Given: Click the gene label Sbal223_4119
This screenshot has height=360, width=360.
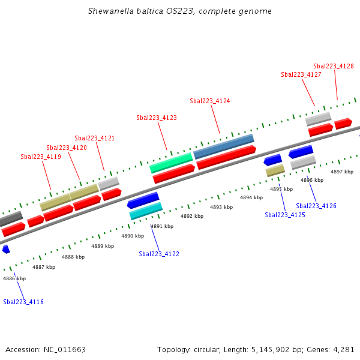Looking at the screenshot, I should [41, 157].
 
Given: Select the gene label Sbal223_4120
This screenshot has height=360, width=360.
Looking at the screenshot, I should [67, 148].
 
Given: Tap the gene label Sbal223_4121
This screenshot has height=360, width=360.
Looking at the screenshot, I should [95, 138].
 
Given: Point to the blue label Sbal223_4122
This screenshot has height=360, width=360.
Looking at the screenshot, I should [159, 254].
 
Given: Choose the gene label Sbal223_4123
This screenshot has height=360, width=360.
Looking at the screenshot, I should [157, 118].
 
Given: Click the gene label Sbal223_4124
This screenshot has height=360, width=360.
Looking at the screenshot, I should [210, 101].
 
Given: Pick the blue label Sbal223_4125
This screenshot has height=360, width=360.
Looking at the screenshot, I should [285, 215].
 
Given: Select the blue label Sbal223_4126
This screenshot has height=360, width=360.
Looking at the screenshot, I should [316, 206].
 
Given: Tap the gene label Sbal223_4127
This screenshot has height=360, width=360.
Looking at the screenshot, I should [301, 74].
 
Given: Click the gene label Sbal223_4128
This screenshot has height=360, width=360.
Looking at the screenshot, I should [334, 66].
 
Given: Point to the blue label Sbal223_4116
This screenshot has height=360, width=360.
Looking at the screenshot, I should [23, 302].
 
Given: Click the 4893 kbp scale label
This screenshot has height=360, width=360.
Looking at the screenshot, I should [221, 207].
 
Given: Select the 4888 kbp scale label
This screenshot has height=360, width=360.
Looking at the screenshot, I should [73, 257].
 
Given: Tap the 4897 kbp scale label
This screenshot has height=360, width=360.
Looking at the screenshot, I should [342, 172].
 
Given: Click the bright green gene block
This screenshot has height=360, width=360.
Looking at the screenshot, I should [171, 162].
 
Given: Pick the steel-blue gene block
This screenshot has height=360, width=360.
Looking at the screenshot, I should [224, 146].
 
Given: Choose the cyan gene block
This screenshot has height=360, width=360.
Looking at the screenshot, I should [146, 211].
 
